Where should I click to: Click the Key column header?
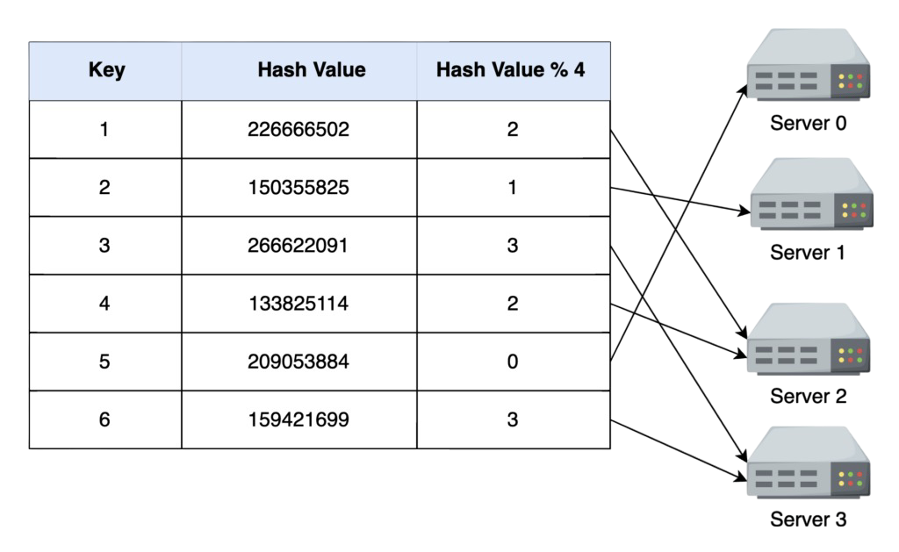[x=106, y=70]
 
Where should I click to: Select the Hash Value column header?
[x=312, y=70]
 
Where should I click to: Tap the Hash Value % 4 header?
[x=511, y=70]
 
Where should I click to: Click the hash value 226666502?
[x=298, y=130]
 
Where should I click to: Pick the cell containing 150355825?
[x=298, y=188]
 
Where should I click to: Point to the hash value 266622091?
[x=298, y=246]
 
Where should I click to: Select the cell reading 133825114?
[x=298, y=304]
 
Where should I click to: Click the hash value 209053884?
[x=298, y=362]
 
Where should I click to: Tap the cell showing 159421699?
[x=298, y=419]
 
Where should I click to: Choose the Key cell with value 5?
[x=105, y=362]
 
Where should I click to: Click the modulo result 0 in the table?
[x=513, y=362]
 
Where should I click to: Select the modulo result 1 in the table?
[x=513, y=188]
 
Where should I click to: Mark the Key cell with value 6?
[x=105, y=419]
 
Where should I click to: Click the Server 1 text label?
[x=808, y=254]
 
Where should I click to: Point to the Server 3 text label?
[x=808, y=520]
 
